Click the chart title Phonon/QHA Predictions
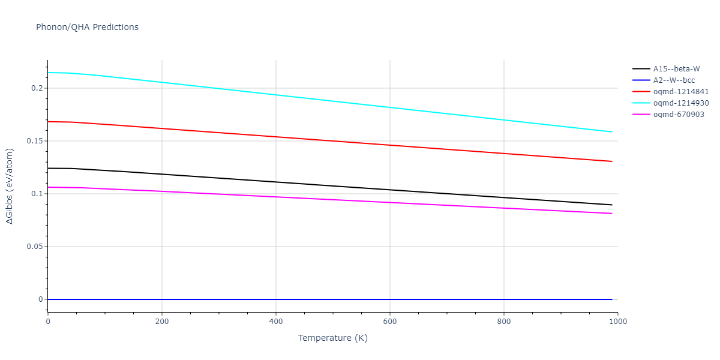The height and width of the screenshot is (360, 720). [87, 27]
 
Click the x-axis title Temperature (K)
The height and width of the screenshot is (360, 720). [332, 338]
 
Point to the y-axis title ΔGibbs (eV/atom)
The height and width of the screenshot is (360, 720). [10, 186]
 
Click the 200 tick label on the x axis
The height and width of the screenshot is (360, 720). [161, 322]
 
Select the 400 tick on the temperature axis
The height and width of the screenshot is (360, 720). [275, 322]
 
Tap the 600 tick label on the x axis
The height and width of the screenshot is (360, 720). [389, 322]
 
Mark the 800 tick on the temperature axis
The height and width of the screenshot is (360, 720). [503, 322]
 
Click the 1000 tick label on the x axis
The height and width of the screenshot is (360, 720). [617, 322]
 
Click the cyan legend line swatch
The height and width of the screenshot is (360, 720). [641, 103]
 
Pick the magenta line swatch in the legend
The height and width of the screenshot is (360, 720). [641, 115]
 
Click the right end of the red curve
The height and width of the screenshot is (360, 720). [611, 161]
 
